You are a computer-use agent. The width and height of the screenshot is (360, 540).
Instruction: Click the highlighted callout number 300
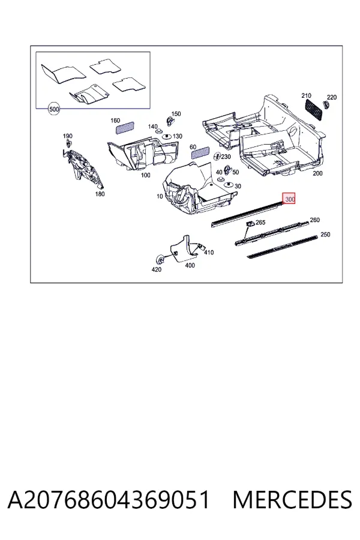coord(289,199)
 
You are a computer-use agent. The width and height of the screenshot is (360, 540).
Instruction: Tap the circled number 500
coord(54,109)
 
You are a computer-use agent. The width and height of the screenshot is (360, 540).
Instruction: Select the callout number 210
coord(306,95)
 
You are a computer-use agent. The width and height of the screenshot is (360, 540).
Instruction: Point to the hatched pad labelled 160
coord(124,128)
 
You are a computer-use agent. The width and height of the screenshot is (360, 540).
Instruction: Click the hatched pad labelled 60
coord(200,152)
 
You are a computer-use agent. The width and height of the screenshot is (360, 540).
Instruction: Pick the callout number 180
coord(100,194)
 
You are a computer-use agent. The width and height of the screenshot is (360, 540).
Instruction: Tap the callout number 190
coord(68,136)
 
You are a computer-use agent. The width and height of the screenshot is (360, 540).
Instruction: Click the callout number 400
coord(190,265)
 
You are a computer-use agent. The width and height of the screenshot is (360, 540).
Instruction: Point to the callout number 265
coord(260,223)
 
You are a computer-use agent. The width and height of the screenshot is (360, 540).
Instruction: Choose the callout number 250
coord(325,235)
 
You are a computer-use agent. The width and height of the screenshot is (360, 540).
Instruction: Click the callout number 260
coord(314,220)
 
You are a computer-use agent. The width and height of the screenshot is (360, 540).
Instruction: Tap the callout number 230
coord(226,157)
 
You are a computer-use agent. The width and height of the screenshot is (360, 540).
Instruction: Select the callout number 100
coord(145,175)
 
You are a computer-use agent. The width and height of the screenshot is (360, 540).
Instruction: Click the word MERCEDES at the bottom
coord(292,500)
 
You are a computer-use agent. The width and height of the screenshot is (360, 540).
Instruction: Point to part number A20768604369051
coord(109,500)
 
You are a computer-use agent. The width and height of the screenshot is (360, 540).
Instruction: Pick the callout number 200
coord(317,173)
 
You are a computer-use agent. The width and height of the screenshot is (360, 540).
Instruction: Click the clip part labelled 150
coord(170,120)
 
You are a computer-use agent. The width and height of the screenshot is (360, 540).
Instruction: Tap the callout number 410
coord(209,253)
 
